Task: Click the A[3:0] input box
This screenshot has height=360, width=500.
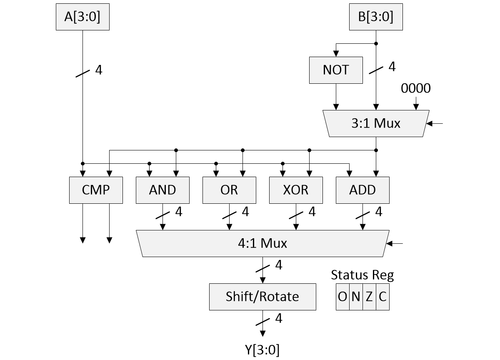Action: point(82,17)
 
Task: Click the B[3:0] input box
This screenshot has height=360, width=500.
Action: point(376,17)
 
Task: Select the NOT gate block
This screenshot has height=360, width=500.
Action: point(336,70)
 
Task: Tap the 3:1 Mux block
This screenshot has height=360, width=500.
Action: point(375,123)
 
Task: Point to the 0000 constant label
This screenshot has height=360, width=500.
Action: point(416,88)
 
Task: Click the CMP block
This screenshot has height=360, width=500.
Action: point(96,190)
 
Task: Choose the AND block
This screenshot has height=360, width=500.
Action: point(162,190)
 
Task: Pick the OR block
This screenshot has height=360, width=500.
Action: point(229,190)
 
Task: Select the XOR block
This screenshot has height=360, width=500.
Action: point(296,190)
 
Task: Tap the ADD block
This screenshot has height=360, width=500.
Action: point(362,190)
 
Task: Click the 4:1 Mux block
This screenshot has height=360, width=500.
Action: point(262,243)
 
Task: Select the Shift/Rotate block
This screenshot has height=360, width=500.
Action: point(262,297)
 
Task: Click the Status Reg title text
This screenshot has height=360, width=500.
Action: point(362,275)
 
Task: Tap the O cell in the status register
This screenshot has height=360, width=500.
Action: point(342,297)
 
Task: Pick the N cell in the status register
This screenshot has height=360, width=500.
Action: point(356,297)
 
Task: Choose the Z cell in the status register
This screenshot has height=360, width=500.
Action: point(369,297)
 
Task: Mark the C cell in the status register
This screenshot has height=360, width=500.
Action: point(382,297)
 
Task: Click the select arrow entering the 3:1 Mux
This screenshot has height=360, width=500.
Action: point(435,123)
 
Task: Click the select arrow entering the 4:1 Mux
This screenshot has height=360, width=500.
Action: point(396,243)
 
